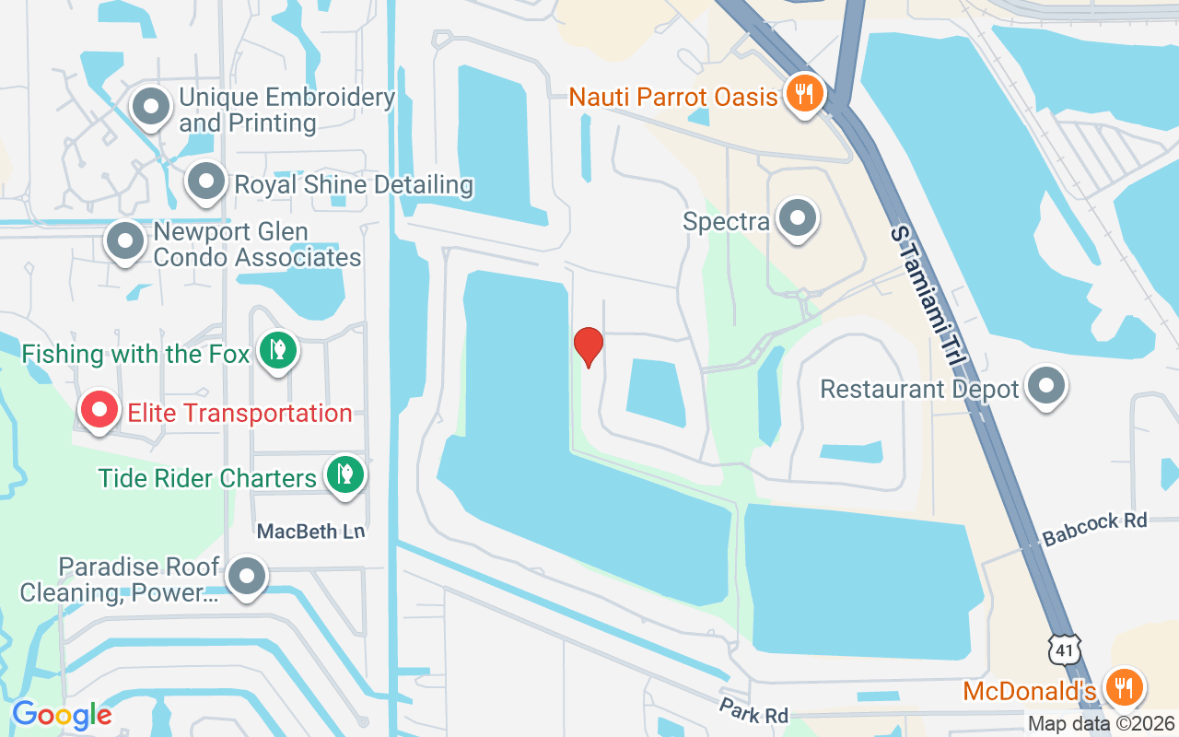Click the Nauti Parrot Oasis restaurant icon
click(x=805, y=94)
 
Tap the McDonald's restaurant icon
click(x=1124, y=687)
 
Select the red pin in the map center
click(x=589, y=346)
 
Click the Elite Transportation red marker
click(x=99, y=411)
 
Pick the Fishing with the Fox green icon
click(x=276, y=351)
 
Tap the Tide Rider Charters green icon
click(x=344, y=475)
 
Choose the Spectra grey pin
click(x=798, y=219)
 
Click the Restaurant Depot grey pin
click(x=1046, y=386)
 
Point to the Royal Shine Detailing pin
click(x=205, y=181)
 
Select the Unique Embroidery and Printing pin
click(x=151, y=107)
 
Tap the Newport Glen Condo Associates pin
click(x=124, y=241)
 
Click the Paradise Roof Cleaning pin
click(x=246, y=577)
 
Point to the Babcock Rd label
click(x=1094, y=530)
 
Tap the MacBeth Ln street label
click(x=310, y=532)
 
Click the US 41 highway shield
click(x=1065, y=649)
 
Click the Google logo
click(x=62, y=715)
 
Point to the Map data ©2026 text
click(x=1102, y=723)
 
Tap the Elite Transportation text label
click(x=239, y=413)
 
